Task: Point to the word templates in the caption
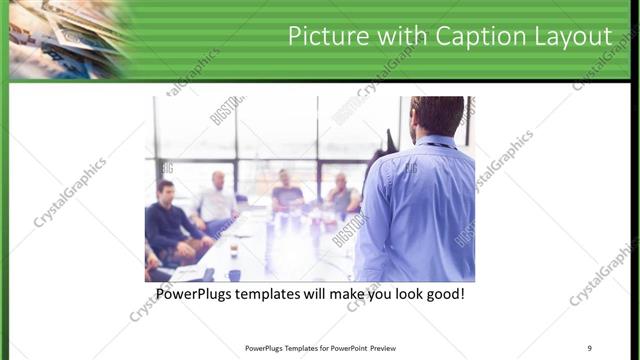281,296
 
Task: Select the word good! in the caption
443,296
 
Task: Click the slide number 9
590,348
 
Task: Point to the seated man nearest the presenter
343,194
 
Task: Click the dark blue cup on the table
234,274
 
